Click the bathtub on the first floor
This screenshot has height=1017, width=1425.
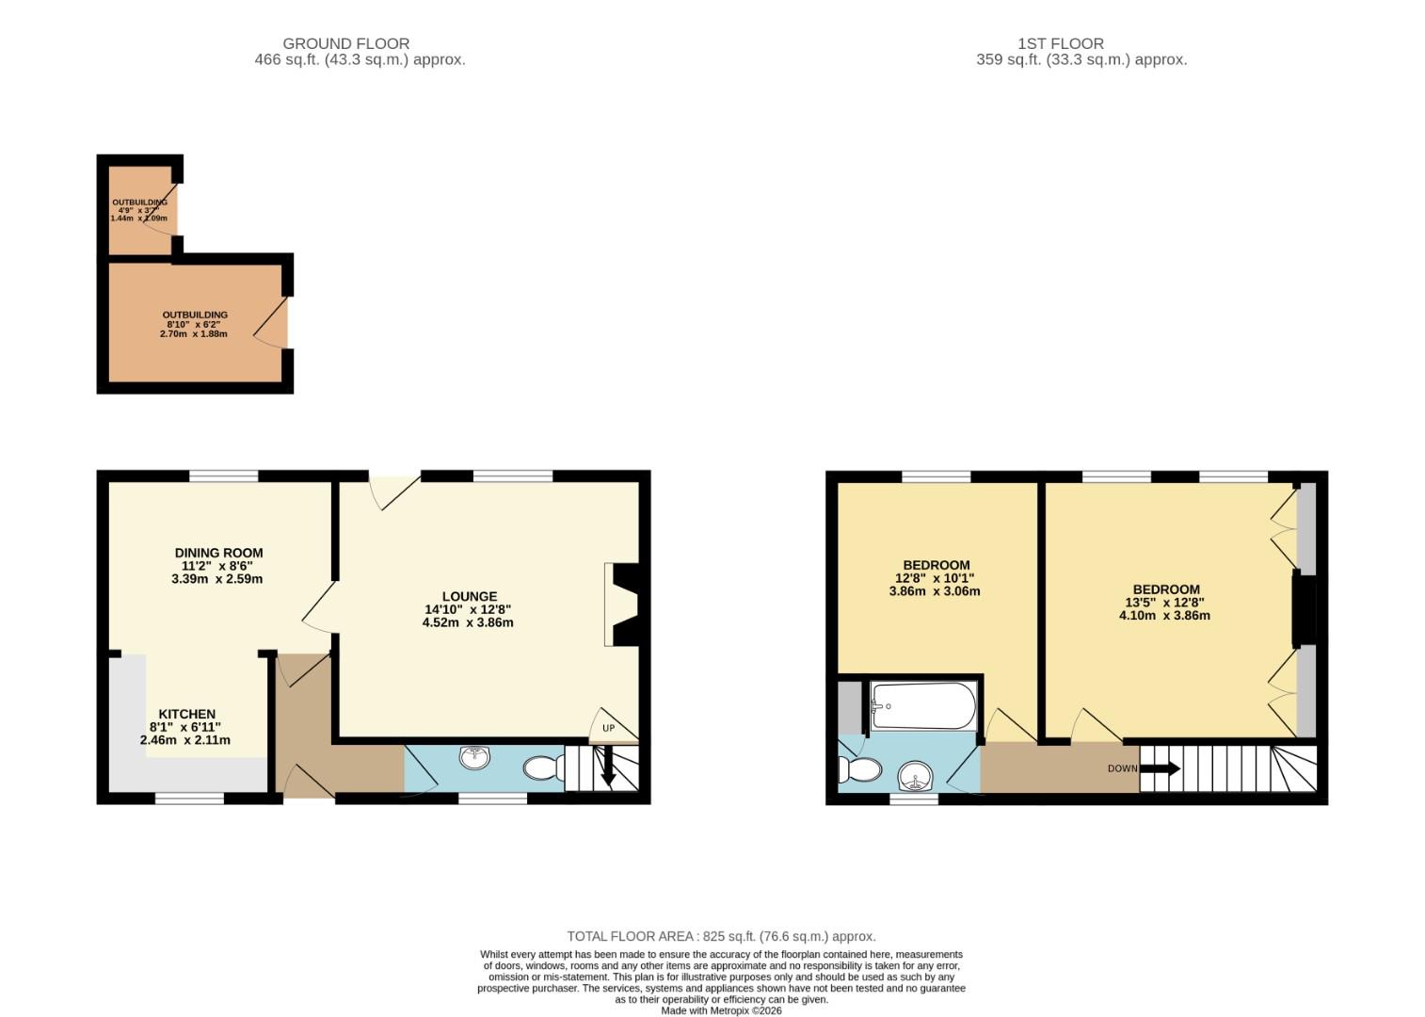coord(924,706)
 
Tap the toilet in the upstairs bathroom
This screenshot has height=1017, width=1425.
coord(860,769)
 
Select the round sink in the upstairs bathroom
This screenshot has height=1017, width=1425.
coord(915,777)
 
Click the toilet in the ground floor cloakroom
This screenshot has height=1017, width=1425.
coord(542,769)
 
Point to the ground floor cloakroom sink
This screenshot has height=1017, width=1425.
coord(475,757)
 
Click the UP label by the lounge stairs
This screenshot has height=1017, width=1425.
coord(608,728)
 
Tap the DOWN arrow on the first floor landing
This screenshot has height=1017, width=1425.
coord(1160,768)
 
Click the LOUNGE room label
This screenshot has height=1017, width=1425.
coord(469,596)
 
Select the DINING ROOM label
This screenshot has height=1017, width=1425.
coord(218,553)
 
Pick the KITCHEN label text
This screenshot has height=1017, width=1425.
coord(186,714)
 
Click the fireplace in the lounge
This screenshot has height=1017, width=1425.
coord(623,605)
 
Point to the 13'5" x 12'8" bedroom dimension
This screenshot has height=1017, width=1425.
coord(1164,603)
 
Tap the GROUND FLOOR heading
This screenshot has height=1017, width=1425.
coord(345,43)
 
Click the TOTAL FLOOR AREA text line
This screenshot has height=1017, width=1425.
coord(721,936)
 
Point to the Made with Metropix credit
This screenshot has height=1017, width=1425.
coord(721,1010)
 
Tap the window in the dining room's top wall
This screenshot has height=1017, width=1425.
coord(224,476)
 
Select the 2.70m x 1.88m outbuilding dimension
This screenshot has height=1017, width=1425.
coord(195,333)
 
